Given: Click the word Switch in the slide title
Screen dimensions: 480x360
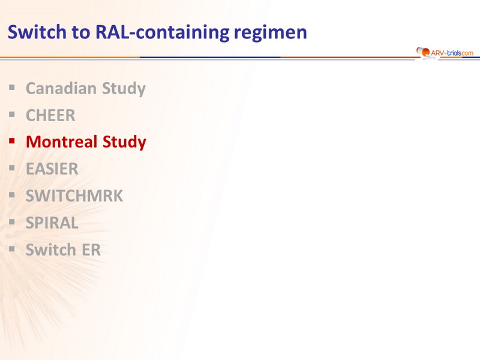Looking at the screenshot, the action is (x=37, y=32).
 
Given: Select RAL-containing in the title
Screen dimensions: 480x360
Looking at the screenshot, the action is (x=162, y=32).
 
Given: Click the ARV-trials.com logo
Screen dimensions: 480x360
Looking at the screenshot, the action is (x=445, y=53).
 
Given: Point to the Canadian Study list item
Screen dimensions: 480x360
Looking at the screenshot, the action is (x=86, y=88).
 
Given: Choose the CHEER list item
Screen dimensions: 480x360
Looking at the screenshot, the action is (x=50, y=115).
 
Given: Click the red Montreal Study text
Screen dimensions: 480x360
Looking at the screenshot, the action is (x=86, y=142).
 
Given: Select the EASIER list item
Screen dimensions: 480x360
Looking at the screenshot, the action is (x=52, y=169).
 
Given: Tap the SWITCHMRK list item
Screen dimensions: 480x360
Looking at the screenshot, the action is (x=74, y=196).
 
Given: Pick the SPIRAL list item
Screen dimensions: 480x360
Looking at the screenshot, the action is (x=52, y=223).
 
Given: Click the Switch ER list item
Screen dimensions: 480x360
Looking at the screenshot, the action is (x=63, y=250).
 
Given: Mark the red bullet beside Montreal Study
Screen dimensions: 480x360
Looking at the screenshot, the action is (x=12, y=141).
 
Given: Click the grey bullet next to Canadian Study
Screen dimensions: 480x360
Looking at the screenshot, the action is (x=12, y=88).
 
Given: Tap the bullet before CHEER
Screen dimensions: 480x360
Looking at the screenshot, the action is (x=12, y=115).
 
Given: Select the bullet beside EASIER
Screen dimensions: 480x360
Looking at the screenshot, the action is (x=12, y=168).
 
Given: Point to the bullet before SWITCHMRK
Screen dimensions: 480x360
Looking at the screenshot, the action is (x=12, y=195).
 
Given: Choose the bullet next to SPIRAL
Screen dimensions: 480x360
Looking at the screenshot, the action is (x=12, y=222).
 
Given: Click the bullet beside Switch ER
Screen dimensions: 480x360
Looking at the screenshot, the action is (x=12, y=249).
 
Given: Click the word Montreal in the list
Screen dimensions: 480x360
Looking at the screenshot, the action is (x=62, y=142).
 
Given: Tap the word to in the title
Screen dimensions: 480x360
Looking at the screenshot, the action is (x=81, y=32).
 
